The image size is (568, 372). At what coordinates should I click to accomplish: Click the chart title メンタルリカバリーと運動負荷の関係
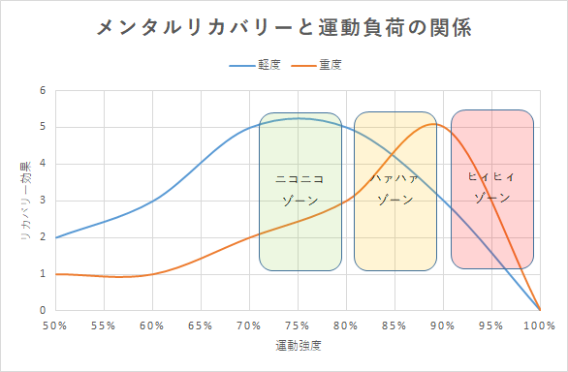coord(284,27)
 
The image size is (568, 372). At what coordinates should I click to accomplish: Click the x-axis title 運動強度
coord(298,345)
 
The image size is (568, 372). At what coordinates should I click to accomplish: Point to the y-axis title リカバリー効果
coord(26,201)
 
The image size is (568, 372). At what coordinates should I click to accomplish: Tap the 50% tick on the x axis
coord(55,325)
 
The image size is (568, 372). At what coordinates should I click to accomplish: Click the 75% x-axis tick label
coord(298,325)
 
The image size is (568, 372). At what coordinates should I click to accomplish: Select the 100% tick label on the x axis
coord(539,325)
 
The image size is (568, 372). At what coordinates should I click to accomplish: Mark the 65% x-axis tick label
coord(201,325)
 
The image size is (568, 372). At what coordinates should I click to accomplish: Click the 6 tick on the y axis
coord(43,91)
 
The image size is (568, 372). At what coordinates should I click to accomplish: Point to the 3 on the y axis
coord(43,201)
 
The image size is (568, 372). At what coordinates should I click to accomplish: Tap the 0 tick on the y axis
coord(43,310)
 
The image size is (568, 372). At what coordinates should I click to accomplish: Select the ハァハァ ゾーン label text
coord(394,189)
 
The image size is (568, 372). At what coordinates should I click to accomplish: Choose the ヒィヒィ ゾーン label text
coord(491,187)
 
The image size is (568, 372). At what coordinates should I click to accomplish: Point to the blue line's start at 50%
coord(56,237)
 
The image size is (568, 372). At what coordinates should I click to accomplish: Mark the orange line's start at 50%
coord(56,274)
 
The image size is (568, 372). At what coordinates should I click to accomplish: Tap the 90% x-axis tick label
coord(443,325)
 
